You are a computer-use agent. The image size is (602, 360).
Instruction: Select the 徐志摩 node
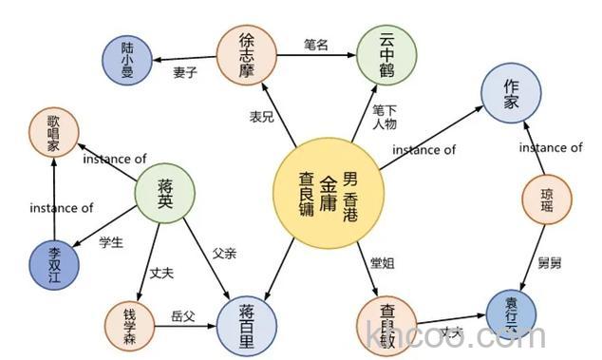246,56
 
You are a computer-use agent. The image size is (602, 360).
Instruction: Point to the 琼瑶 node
546,197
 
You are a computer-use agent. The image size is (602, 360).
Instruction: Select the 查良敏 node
387,326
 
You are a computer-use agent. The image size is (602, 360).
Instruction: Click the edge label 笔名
315,44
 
